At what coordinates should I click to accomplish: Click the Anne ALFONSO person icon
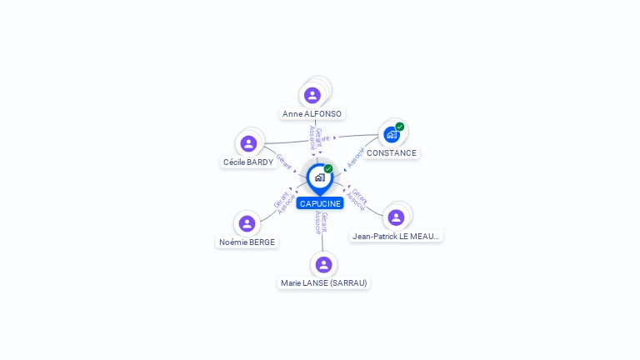coord(312,95)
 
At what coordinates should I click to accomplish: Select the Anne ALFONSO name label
coord(312,114)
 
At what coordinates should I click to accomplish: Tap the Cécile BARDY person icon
coord(248,143)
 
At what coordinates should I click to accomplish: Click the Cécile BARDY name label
coord(248,162)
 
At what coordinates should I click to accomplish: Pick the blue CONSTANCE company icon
coord(392,134)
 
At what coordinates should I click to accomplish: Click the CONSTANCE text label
coord(392,153)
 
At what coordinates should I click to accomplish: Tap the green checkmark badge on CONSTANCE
coord(400,127)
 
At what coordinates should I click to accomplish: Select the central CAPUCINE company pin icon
coord(319,177)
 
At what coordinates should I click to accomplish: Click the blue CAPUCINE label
coord(321,203)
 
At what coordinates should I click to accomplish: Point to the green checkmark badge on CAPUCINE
coord(328,168)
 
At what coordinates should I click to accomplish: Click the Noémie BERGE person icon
coord(247,223)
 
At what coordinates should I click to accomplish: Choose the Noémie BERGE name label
coord(247,242)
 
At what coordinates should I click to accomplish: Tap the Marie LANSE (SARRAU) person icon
coord(323,264)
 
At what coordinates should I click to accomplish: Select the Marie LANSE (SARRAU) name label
coord(324,283)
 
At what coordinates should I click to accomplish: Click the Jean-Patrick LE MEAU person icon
coord(396,217)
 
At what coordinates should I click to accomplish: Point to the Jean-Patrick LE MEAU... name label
coord(397,237)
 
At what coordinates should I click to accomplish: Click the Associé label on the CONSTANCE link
coord(357,156)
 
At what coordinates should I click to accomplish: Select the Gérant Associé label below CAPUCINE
coord(321,223)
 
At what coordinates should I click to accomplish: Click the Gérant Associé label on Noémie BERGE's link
coord(284,202)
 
